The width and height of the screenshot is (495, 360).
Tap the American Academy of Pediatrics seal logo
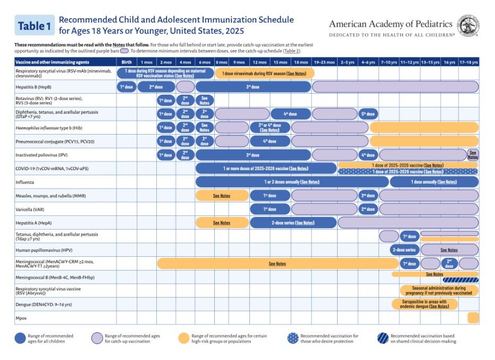468,25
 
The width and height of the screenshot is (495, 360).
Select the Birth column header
127,62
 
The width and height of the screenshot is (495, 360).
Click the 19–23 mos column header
324,62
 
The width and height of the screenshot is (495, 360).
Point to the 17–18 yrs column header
468,62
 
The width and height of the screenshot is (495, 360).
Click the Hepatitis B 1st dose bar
126,87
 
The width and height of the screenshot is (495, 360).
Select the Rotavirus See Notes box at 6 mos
205,100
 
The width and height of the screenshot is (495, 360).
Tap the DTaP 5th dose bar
367,114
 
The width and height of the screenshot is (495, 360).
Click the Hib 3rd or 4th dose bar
270,128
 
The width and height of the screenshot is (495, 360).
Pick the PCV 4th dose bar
270,141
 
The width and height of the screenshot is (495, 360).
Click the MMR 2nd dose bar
367,196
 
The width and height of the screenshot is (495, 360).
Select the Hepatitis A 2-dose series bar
293,223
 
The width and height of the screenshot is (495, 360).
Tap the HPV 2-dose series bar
404,250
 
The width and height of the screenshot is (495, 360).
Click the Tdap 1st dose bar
409,236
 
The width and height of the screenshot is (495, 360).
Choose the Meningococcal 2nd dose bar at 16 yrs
449,263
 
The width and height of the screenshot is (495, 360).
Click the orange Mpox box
473,317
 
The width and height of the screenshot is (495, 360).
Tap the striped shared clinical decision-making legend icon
379,339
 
